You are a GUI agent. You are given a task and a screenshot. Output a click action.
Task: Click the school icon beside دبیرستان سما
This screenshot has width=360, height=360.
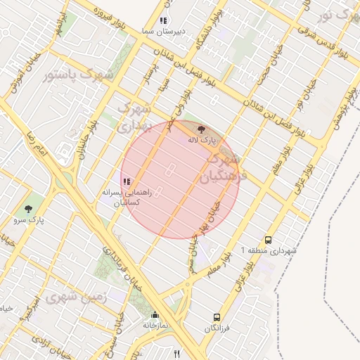pyautogui.click(x=163, y=21)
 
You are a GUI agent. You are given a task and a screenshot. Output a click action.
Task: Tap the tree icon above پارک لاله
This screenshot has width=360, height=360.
pyautogui.click(x=202, y=129)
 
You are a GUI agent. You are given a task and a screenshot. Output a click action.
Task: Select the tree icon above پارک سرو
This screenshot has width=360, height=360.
pyautogui.click(x=28, y=209)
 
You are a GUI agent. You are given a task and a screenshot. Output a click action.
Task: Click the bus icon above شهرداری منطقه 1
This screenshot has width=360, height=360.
pyautogui.click(x=268, y=239)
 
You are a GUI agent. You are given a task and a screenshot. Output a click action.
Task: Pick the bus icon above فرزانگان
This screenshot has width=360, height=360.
pyautogui.click(x=217, y=317)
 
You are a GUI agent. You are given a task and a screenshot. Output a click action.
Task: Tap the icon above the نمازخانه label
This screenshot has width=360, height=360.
pyautogui.click(x=155, y=314)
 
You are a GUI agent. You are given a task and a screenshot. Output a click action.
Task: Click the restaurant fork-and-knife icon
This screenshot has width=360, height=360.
pyautogui.click(x=176, y=354)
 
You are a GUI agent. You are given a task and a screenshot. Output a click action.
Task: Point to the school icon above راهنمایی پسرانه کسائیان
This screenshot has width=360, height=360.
pyautogui.click(x=126, y=181)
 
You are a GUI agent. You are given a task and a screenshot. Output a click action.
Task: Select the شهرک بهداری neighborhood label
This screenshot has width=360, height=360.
pyautogui.click(x=133, y=117)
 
